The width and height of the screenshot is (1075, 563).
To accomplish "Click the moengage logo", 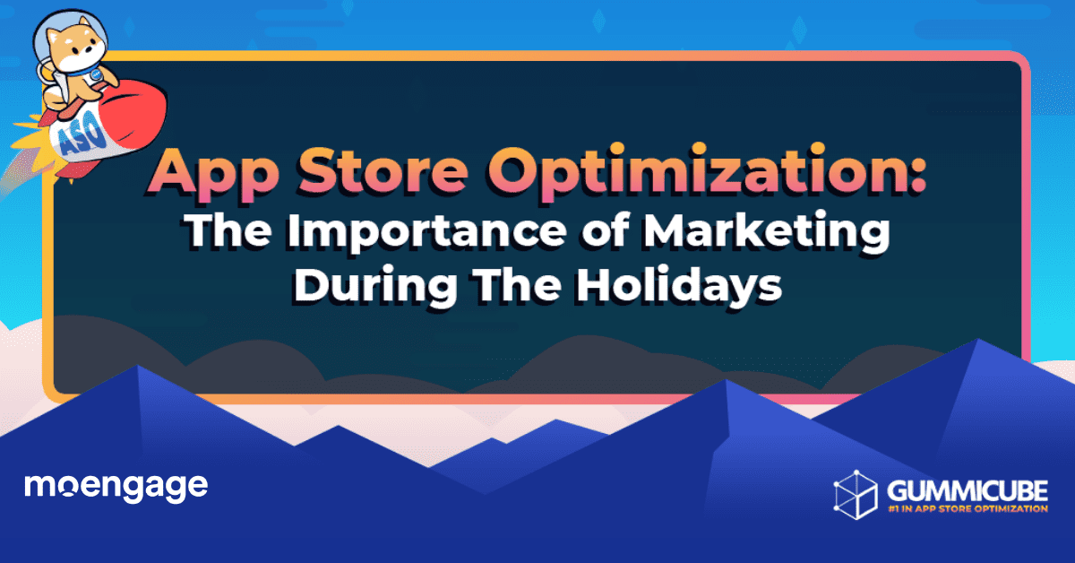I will coord(116,487).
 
